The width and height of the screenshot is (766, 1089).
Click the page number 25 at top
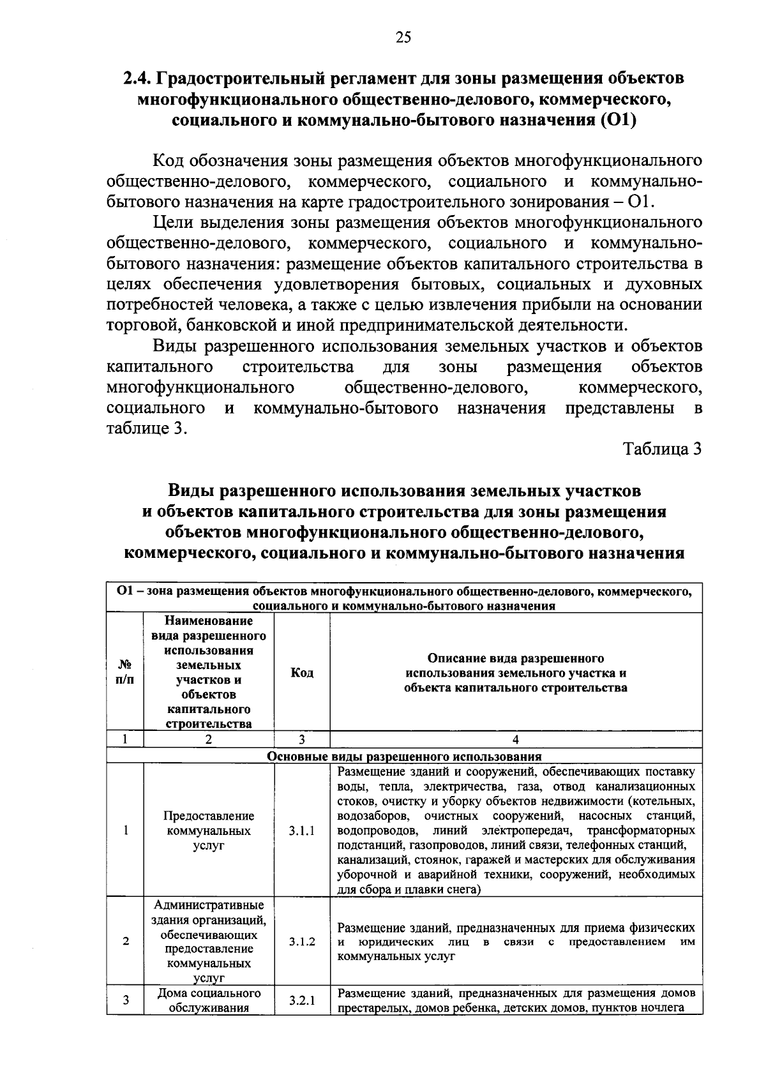[403, 37]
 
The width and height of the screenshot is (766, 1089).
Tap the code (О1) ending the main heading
[619, 120]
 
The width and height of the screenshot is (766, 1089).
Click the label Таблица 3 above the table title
[663, 449]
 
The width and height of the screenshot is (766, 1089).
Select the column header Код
[302, 673]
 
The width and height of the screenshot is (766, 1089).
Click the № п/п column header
[125, 673]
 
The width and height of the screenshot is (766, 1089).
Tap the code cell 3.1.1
[302, 831]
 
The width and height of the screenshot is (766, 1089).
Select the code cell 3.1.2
[302, 942]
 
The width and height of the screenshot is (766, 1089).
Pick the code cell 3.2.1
[302, 1001]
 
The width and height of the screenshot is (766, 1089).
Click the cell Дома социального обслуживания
[209, 1001]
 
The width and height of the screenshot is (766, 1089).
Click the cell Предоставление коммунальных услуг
[209, 831]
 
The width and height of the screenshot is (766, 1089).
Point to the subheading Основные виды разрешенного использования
[404, 756]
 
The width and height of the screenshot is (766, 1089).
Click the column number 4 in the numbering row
[516, 739]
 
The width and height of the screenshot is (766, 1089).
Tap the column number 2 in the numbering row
[209, 739]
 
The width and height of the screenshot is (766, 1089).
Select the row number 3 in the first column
[126, 1000]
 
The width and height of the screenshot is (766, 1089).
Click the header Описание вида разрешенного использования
[516, 673]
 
